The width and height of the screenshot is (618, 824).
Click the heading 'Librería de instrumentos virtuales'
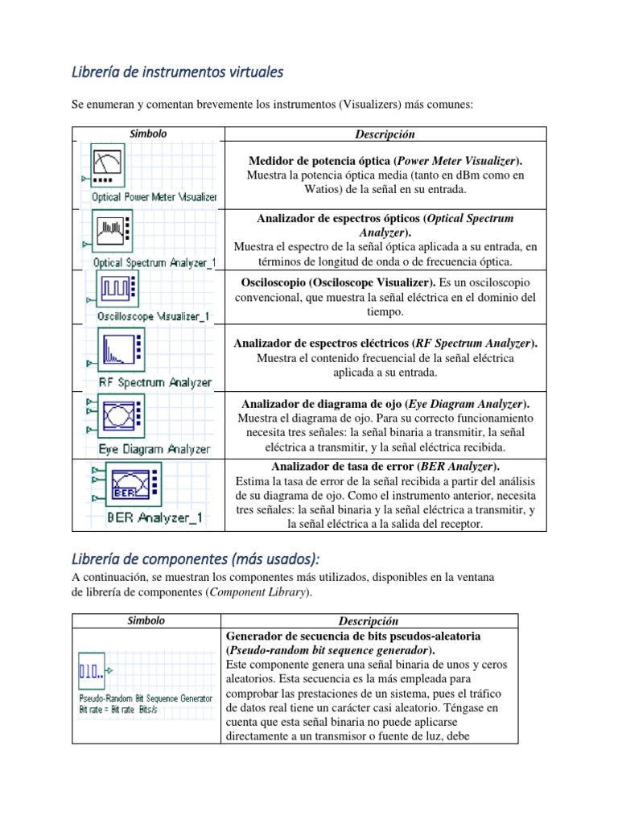178,72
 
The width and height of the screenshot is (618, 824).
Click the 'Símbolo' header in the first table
147,134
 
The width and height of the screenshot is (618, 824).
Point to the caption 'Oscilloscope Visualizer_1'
153,316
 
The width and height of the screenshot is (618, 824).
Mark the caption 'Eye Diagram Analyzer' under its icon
154,449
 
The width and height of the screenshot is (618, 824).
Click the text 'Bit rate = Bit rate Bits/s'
131,711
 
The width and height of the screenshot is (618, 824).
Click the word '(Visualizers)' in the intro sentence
372,104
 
